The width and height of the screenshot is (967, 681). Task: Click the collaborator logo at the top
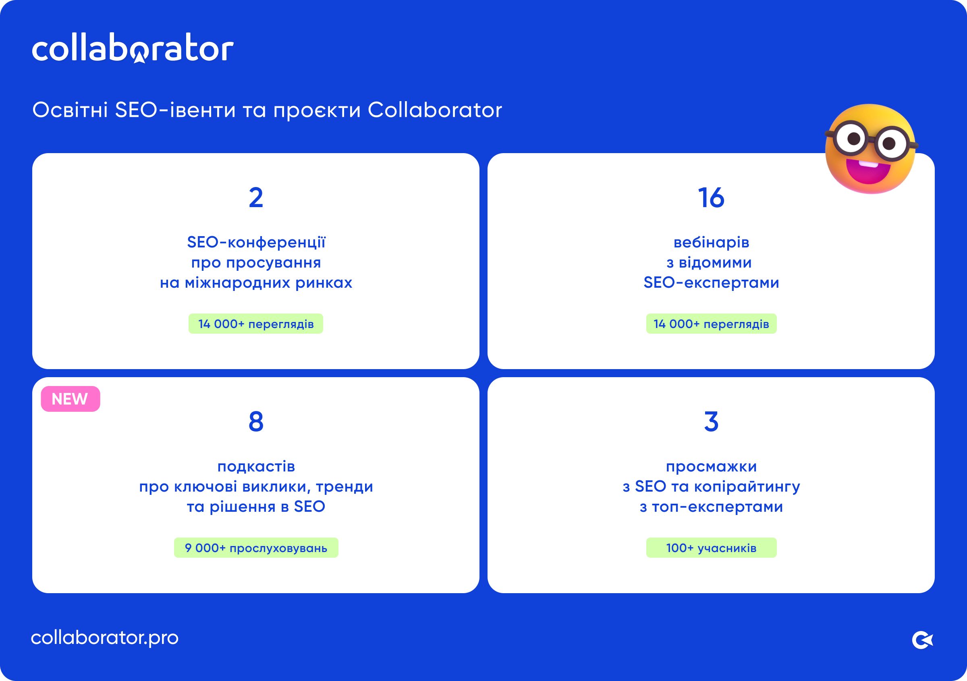133,48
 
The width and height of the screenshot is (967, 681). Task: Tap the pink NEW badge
71,399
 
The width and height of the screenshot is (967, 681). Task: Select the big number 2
255,197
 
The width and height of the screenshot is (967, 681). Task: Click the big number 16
711,197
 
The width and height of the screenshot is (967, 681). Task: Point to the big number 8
255,421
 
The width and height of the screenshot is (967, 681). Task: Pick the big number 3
711,421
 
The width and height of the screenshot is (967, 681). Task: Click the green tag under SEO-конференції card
255,324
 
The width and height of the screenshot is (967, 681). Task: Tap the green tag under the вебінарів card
711,324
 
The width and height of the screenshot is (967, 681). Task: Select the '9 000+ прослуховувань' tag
255,548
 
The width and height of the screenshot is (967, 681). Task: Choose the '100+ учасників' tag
711,548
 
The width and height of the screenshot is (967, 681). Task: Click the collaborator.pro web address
104,637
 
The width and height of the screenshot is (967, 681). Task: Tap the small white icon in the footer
922,640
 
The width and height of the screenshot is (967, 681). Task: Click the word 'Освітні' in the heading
71,110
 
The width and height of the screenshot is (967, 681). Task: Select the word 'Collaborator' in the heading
435,110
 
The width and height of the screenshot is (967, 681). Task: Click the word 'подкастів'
255,467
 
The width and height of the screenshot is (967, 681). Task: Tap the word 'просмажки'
711,467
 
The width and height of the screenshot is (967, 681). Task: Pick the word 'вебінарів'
711,243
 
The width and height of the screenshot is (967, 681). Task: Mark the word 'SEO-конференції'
255,243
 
